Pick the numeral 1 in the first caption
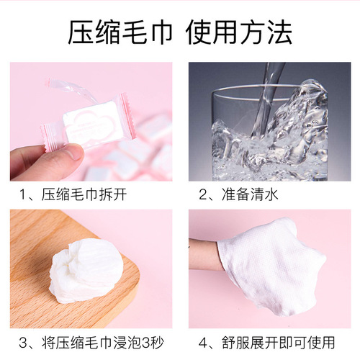point(24,194)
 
